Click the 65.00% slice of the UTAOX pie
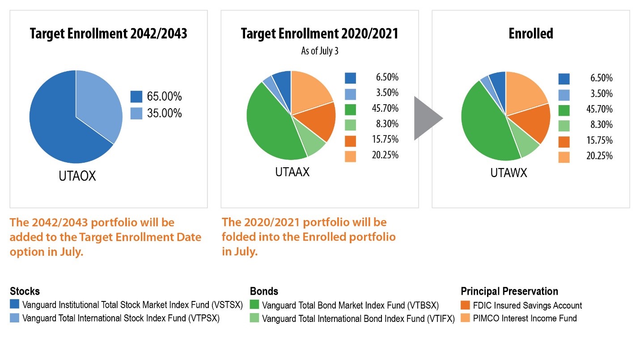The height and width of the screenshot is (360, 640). (58, 130)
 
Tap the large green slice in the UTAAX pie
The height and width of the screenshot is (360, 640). (268, 130)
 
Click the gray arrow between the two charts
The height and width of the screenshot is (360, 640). (426, 118)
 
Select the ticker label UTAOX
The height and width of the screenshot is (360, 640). (77, 176)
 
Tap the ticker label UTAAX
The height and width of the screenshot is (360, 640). (292, 172)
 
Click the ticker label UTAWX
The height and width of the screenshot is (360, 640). (509, 173)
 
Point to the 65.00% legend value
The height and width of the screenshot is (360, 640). (164, 97)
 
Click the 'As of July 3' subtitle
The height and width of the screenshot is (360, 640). (319, 51)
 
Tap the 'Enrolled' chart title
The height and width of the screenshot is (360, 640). (531, 34)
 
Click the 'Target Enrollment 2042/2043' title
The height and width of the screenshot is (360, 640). (108, 34)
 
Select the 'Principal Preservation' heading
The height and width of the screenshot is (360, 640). (509, 292)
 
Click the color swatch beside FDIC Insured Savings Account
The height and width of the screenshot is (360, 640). (465, 306)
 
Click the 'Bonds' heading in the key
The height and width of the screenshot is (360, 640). (264, 292)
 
